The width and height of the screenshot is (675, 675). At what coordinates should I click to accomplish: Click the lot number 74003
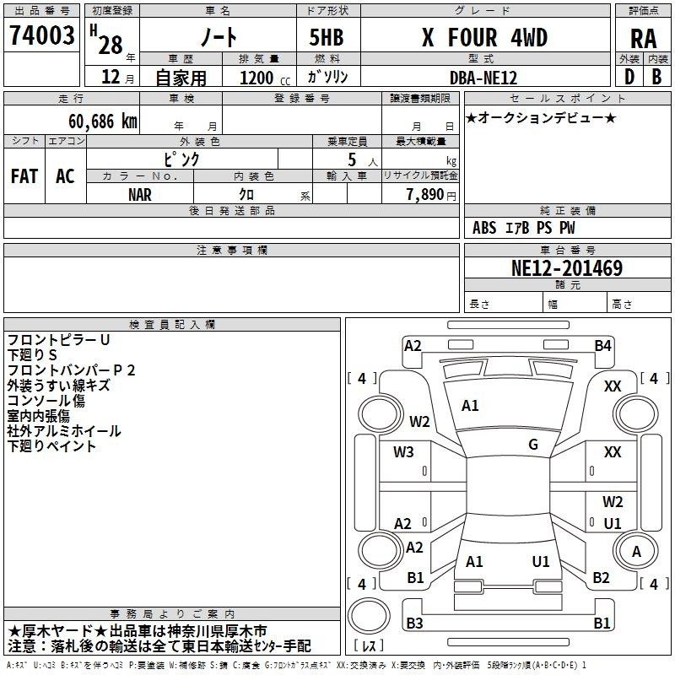[41, 35]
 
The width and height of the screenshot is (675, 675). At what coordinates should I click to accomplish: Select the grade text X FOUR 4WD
[484, 37]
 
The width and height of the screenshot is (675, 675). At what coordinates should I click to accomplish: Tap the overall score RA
[643, 39]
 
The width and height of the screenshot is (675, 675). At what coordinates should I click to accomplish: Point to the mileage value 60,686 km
[103, 121]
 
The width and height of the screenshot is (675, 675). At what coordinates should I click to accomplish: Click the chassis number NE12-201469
[566, 268]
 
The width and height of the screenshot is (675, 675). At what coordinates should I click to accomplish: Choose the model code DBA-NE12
[483, 78]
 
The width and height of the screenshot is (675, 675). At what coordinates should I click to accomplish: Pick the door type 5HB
[327, 37]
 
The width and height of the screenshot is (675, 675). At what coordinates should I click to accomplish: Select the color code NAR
[140, 195]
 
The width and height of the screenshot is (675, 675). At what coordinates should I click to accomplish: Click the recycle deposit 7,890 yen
[431, 195]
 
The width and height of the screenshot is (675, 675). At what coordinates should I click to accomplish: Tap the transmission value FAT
[24, 176]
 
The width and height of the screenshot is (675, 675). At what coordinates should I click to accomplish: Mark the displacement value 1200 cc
[265, 78]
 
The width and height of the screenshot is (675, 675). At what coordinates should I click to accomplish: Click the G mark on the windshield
[533, 445]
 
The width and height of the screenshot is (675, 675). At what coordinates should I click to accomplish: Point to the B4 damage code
[602, 346]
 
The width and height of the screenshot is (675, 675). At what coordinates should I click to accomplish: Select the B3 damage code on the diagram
[414, 623]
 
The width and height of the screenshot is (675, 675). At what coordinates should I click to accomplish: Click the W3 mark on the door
[403, 452]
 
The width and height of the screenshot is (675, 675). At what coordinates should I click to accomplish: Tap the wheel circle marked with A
[636, 551]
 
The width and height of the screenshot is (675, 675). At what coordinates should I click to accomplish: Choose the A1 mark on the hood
[470, 406]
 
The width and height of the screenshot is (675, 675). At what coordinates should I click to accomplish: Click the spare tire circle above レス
[369, 616]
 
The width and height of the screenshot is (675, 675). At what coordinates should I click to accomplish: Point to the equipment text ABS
[484, 228]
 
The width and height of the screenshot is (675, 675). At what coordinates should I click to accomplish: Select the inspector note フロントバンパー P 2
[72, 370]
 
